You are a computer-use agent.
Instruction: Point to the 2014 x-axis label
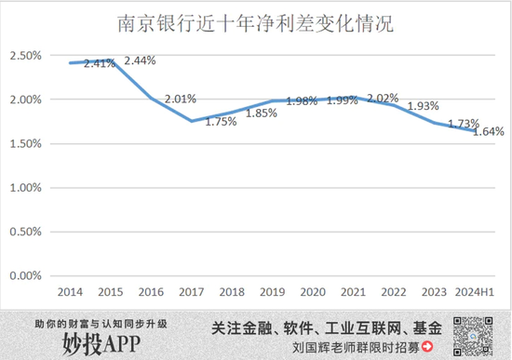pos(72,291)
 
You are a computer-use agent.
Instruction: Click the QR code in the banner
pos(474,333)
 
